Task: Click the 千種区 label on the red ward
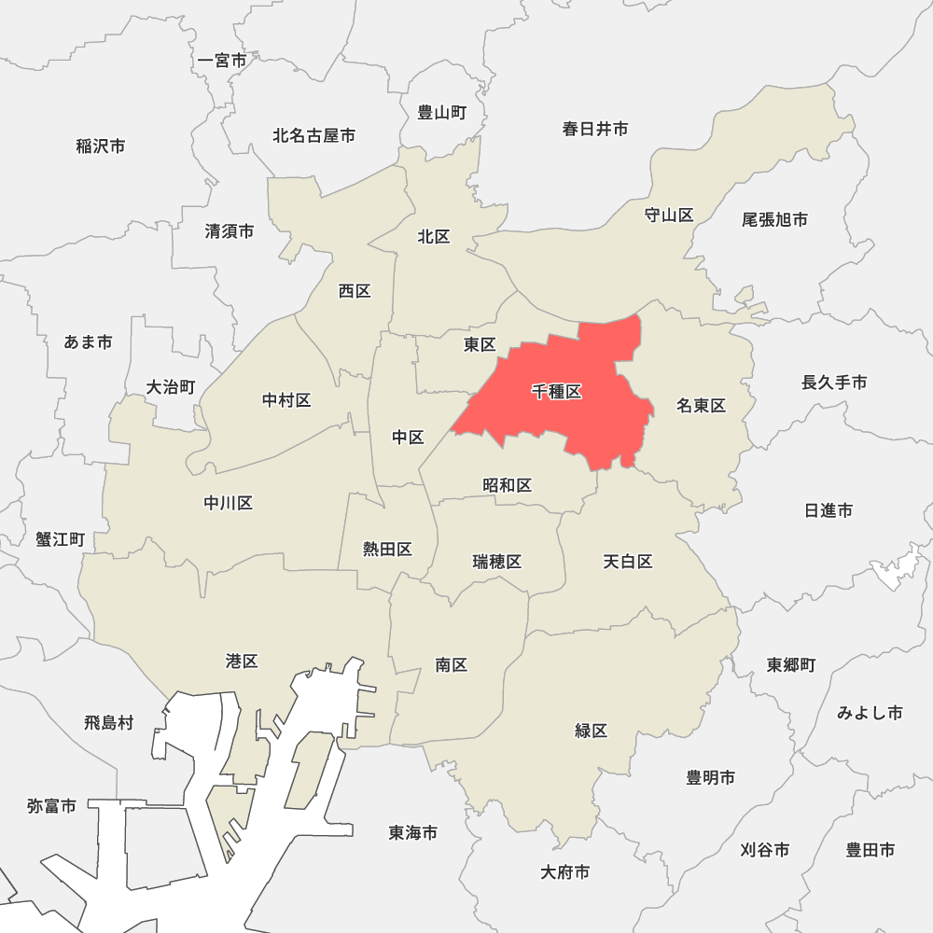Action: click(x=557, y=392)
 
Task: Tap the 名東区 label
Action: click(x=701, y=405)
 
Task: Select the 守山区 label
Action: click(x=669, y=216)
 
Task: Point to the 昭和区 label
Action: click(x=508, y=485)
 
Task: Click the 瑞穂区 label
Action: click(x=496, y=562)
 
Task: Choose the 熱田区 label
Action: click(x=387, y=549)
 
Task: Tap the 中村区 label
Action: click(x=286, y=400)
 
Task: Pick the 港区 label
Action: click(x=242, y=661)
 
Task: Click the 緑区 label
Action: click(x=591, y=731)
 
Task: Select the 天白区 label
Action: click(x=627, y=562)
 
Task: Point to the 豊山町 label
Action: click(x=441, y=113)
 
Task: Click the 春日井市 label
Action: click(x=594, y=129)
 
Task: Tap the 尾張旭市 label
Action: click(x=774, y=220)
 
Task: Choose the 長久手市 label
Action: click(x=834, y=383)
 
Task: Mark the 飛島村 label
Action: click(x=108, y=722)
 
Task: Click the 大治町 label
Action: click(x=171, y=387)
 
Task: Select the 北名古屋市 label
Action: click(x=313, y=136)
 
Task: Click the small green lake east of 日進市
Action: click(x=894, y=567)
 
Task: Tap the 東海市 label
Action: click(x=412, y=832)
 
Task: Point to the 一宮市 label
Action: click(x=222, y=61)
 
